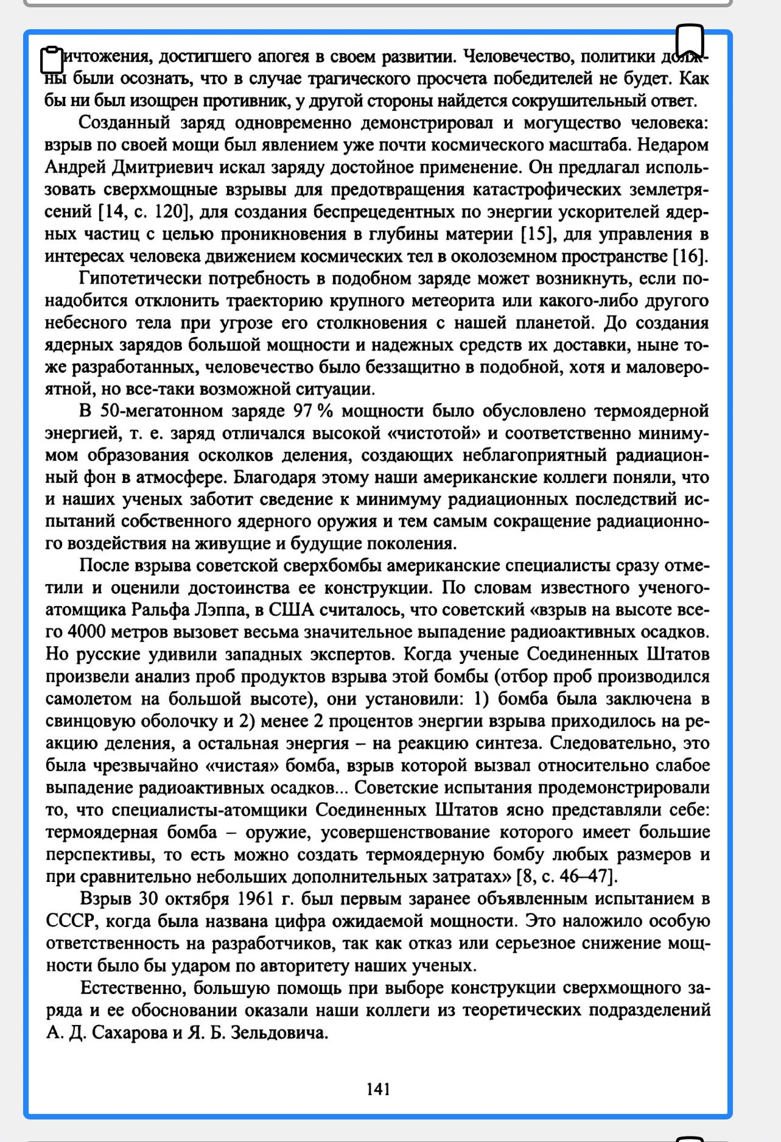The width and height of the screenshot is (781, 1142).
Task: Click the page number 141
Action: click(x=378, y=1089)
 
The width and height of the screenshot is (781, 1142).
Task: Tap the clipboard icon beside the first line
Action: click(x=52, y=59)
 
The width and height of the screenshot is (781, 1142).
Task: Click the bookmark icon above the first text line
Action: click(x=690, y=41)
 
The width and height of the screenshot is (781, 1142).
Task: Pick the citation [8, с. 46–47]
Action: click(x=567, y=877)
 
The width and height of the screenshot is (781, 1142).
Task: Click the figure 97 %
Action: click(x=313, y=411)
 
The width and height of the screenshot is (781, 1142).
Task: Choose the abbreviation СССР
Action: click(x=70, y=921)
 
